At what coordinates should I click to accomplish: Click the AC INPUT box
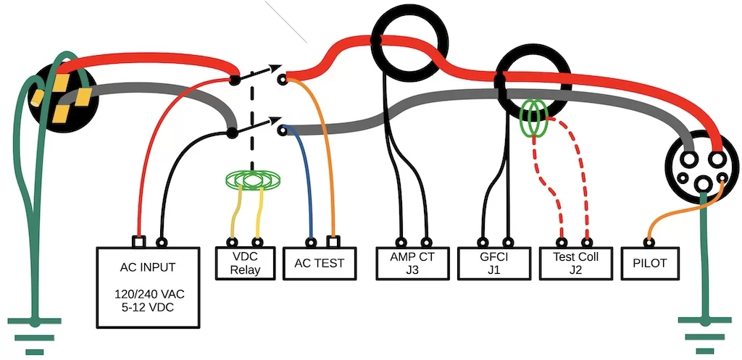(147, 287)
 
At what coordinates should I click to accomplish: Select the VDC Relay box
(244, 264)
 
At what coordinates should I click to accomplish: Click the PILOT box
(651, 264)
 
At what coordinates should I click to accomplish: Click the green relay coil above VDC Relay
(253, 179)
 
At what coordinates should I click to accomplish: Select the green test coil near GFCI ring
(535, 119)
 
